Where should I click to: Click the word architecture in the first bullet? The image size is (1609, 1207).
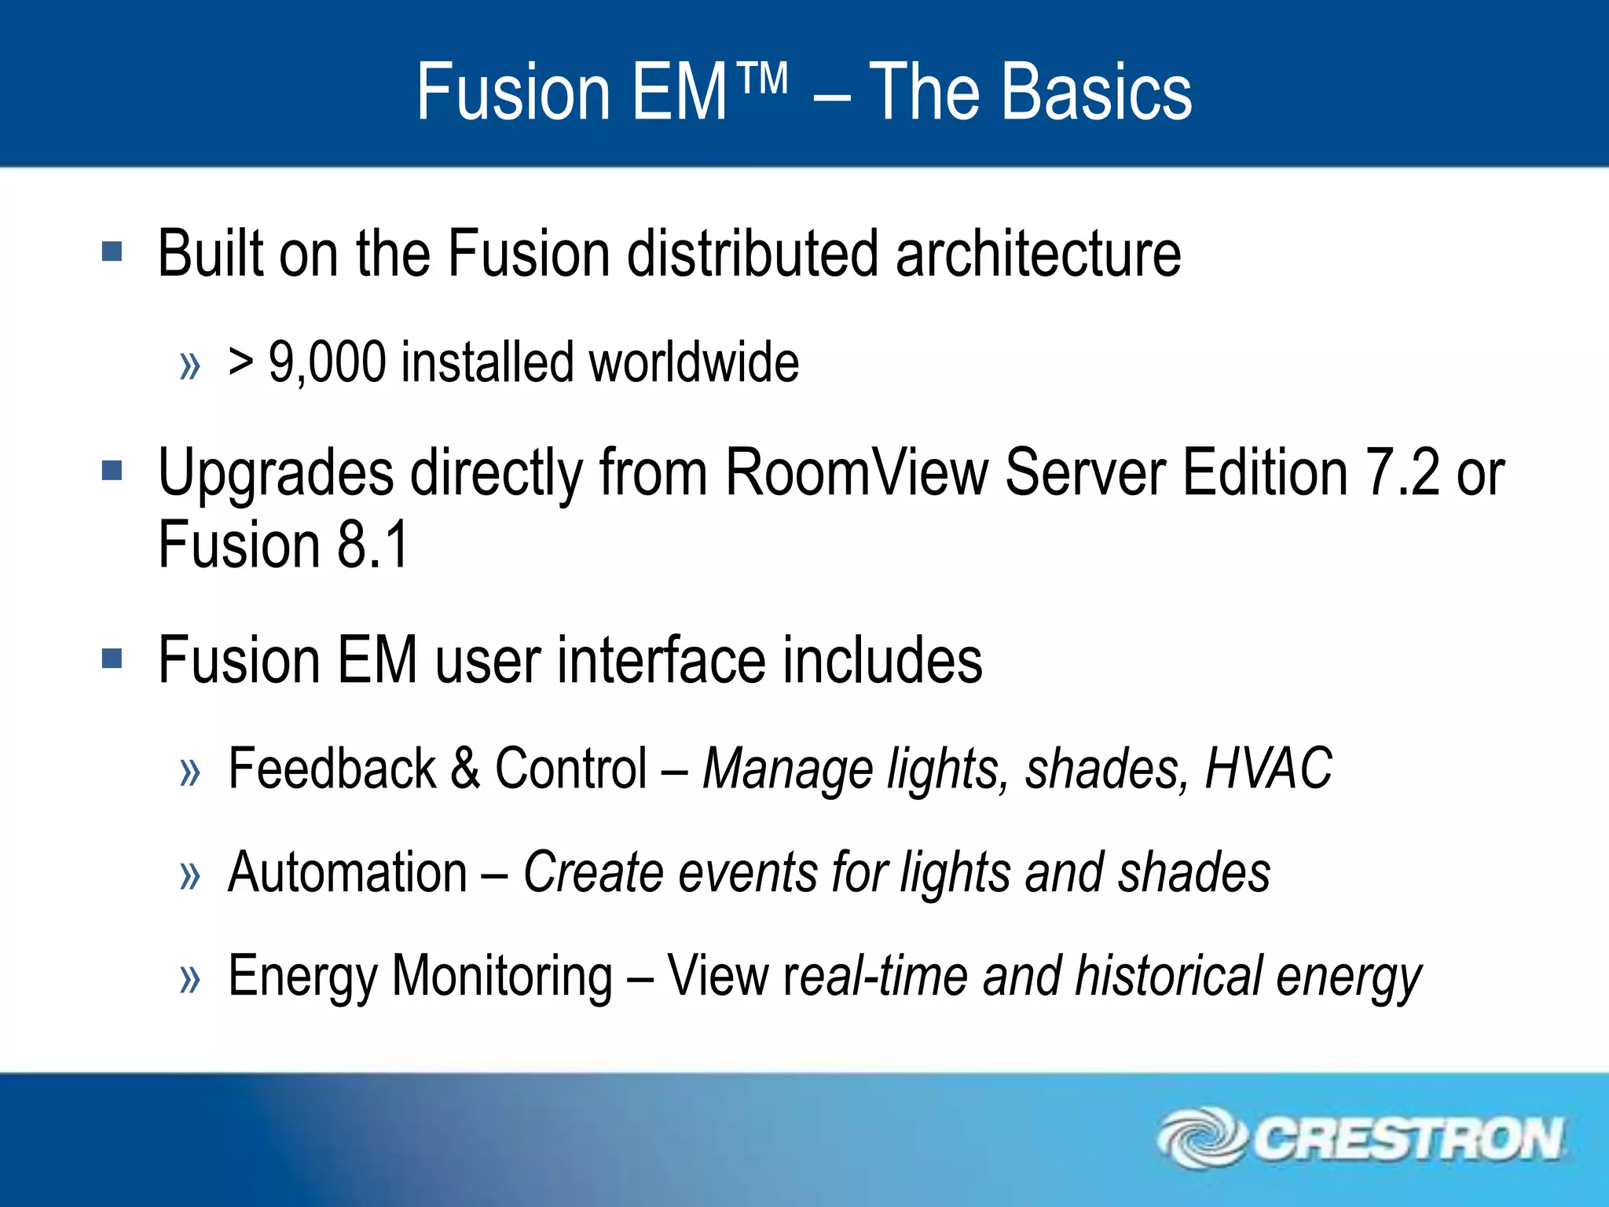click(x=1038, y=253)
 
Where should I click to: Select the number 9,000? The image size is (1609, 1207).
click(x=328, y=362)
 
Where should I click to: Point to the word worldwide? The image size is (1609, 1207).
click(x=694, y=362)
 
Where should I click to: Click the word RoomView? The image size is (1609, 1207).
click(x=856, y=472)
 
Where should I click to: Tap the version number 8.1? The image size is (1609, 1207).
click(x=373, y=544)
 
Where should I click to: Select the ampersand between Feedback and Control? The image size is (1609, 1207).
click(x=465, y=768)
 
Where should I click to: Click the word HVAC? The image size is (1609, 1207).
click(x=1268, y=768)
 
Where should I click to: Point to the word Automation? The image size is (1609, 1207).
click(x=347, y=872)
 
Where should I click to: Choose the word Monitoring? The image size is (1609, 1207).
click(x=502, y=977)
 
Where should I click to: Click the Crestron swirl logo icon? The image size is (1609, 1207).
click(x=1201, y=1137)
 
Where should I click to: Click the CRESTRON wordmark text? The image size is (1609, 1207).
click(x=1407, y=1139)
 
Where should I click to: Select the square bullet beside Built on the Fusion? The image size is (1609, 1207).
click(x=112, y=252)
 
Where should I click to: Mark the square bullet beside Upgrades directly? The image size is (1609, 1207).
click(x=112, y=471)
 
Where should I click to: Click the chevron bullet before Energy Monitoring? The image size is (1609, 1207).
click(x=190, y=979)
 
